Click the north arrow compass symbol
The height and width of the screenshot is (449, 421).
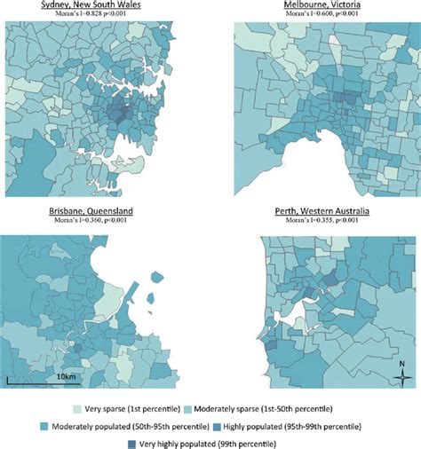403,374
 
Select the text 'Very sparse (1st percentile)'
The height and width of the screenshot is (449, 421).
130,408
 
